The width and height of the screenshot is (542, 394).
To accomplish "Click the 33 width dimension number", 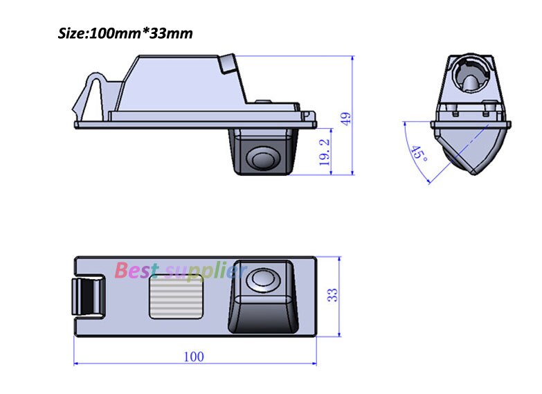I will point(333,294).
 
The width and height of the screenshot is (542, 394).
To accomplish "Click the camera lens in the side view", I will point(264,159).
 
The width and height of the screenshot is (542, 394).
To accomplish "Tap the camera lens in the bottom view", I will point(263,280).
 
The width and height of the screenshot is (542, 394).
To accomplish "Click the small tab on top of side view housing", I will point(226,64).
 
